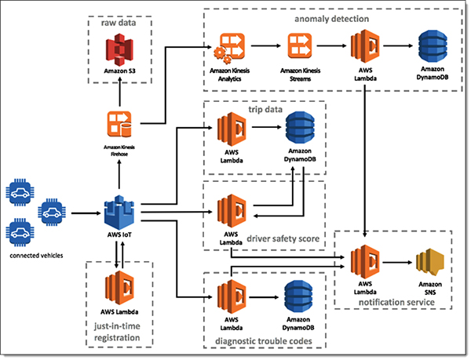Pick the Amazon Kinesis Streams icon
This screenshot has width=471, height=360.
tap(301, 47)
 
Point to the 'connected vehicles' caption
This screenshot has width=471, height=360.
tap(36, 254)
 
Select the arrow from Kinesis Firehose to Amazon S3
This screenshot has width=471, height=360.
tap(120, 93)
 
